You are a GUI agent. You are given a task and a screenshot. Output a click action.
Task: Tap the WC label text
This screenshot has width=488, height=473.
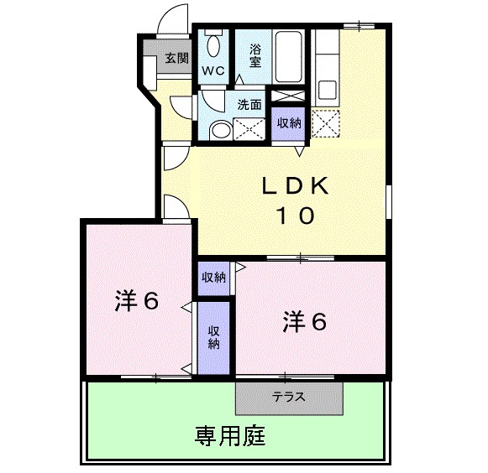point(211,71)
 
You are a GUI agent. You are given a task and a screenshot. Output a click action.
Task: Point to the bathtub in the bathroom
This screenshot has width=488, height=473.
point(291,55)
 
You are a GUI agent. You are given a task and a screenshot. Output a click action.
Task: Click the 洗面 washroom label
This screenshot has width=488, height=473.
point(249,105)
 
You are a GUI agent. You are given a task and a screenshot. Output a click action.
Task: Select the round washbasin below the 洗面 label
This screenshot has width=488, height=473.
point(221,129)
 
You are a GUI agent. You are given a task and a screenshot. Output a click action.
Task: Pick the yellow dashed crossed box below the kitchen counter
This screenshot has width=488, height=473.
point(326,123)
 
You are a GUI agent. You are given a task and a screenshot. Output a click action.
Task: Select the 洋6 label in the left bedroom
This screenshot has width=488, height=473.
point(137,302)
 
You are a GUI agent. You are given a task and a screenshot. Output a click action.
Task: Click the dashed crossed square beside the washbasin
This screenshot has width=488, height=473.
point(248,128)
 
